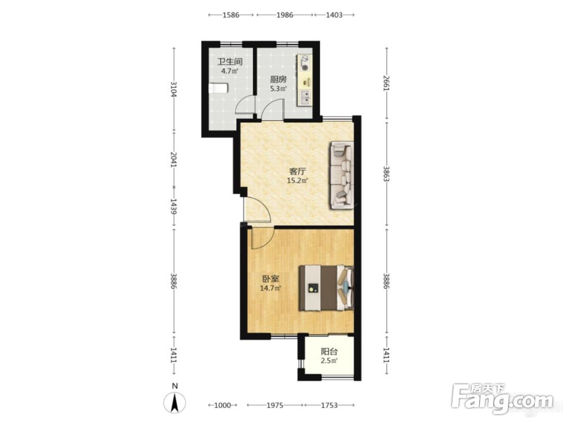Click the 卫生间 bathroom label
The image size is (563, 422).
tap(230, 61)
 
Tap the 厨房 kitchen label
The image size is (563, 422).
tap(278, 79)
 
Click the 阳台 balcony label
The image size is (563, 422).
tap(329, 352)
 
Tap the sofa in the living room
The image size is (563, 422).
tap(342, 175)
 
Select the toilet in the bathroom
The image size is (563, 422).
tap(218, 88)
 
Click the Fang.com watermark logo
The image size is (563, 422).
tap(502, 398)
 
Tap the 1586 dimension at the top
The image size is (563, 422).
tap(231, 15)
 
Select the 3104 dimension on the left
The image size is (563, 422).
tap(174, 89)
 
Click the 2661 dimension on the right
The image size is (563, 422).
tap(386, 83)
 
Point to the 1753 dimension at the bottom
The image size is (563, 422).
tap(329, 406)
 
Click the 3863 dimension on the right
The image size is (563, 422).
tap(386, 174)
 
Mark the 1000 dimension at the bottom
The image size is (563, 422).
tap(222, 406)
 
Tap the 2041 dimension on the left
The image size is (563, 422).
tap(174, 159)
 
